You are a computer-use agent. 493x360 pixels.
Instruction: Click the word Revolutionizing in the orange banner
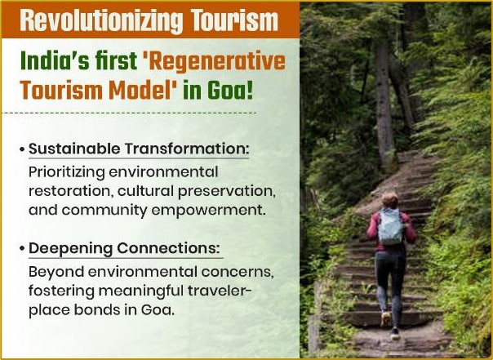[101, 20]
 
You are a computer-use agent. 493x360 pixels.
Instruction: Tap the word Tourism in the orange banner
[235, 20]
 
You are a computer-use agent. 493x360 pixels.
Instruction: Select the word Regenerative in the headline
[217, 61]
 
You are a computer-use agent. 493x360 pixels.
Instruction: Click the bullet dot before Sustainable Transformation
[22, 149]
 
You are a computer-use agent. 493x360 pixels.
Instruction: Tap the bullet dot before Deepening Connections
[22, 248]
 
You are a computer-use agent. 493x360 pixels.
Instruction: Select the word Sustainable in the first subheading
[74, 149]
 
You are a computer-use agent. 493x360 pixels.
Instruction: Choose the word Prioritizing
[67, 172]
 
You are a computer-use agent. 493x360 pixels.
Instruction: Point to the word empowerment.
[208, 211]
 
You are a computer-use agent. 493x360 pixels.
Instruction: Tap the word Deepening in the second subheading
[71, 249]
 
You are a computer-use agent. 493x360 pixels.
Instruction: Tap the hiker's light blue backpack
[390, 226]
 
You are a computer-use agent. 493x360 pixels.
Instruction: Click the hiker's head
[390, 201]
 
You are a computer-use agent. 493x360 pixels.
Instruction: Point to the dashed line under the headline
[129, 113]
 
